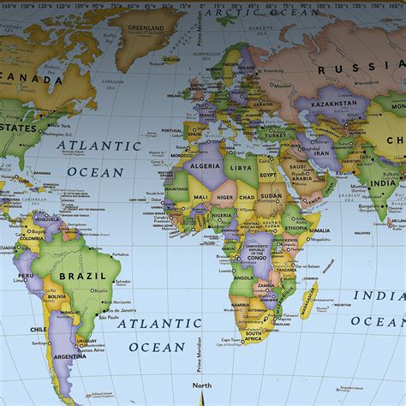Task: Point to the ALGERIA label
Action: pos(205,168)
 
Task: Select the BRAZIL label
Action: pos(83,277)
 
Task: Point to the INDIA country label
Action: pos(383,183)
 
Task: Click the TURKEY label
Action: pos(275,135)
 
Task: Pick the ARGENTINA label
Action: pos(70,355)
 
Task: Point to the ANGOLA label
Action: pos(243,278)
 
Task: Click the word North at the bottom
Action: pos(201,385)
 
